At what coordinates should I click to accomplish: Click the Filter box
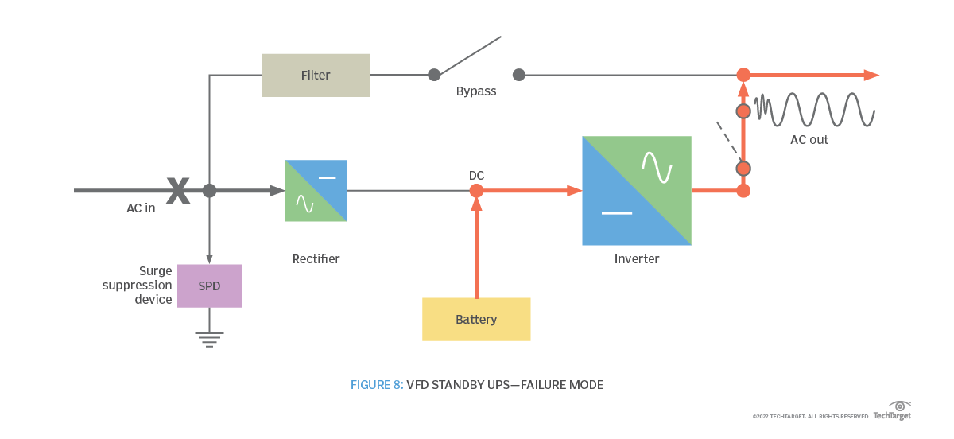click(x=316, y=76)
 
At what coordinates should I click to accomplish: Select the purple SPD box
click(x=209, y=286)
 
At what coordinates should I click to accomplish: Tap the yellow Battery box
click(x=476, y=319)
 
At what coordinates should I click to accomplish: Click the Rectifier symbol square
click(x=316, y=191)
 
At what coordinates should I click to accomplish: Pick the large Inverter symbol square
click(x=637, y=191)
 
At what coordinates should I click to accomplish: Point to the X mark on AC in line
click(x=178, y=191)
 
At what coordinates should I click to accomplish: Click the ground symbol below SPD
click(x=209, y=340)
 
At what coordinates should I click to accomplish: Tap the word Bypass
click(x=476, y=91)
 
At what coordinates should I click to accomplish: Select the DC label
click(x=477, y=175)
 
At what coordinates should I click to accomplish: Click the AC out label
click(x=809, y=140)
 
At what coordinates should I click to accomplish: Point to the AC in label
click(x=141, y=208)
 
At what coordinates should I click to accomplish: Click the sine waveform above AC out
click(x=815, y=110)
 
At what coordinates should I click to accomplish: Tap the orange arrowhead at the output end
click(x=871, y=76)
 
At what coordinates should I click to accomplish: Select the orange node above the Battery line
click(x=476, y=191)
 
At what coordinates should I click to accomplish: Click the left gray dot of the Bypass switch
click(x=434, y=75)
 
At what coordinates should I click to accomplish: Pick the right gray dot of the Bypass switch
click(x=519, y=75)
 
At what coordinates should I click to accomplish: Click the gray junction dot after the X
click(x=209, y=191)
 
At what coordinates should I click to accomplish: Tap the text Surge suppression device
click(x=138, y=285)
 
